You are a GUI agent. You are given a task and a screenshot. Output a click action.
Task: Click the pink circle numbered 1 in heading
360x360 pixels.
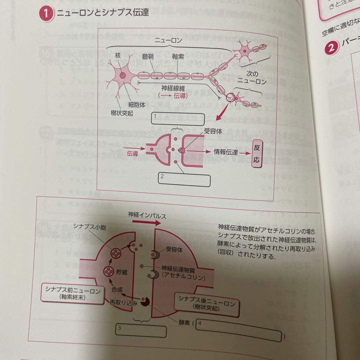(x=46, y=14)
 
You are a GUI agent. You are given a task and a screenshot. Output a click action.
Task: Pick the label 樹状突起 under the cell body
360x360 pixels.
(x=122, y=114)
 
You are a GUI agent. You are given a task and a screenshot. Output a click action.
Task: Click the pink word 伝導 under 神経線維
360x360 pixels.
(x=178, y=96)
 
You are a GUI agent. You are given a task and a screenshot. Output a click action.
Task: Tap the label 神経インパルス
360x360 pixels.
(x=147, y=215)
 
